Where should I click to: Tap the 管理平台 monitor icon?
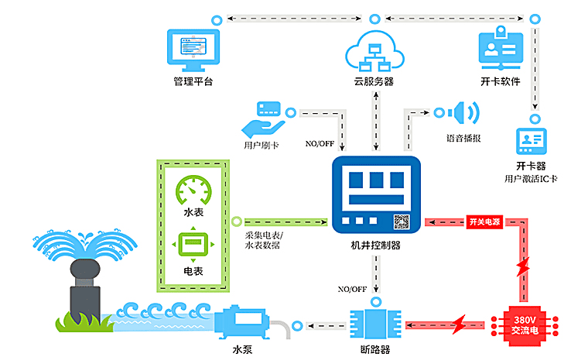click(x=193, y=48)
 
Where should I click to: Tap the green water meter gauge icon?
click(x=192, y=189)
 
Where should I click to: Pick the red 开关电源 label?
click(x=484, y=221)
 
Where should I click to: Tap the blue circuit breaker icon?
click(x=376, y=324)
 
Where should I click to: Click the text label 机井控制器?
click(x=375, y=246)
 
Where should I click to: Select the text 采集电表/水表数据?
click(x=263, y=240)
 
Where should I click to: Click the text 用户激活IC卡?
click(x=531, y=179)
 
